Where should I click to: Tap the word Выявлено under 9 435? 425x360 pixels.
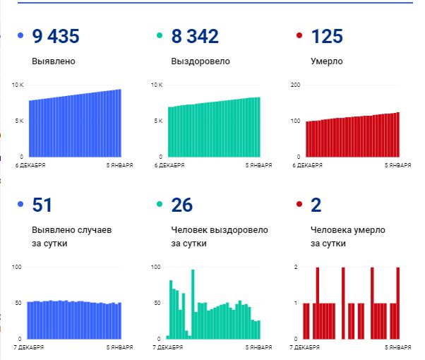54,61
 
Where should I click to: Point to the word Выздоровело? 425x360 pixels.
200,61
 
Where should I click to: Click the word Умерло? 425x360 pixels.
327,61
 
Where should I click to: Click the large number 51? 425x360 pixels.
42,205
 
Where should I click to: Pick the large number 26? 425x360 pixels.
182,205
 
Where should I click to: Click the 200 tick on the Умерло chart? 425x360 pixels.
296,85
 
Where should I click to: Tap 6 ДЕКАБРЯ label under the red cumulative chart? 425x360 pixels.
308,165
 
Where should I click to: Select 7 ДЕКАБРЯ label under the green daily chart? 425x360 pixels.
170,347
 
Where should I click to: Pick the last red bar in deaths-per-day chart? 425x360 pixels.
398,304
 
